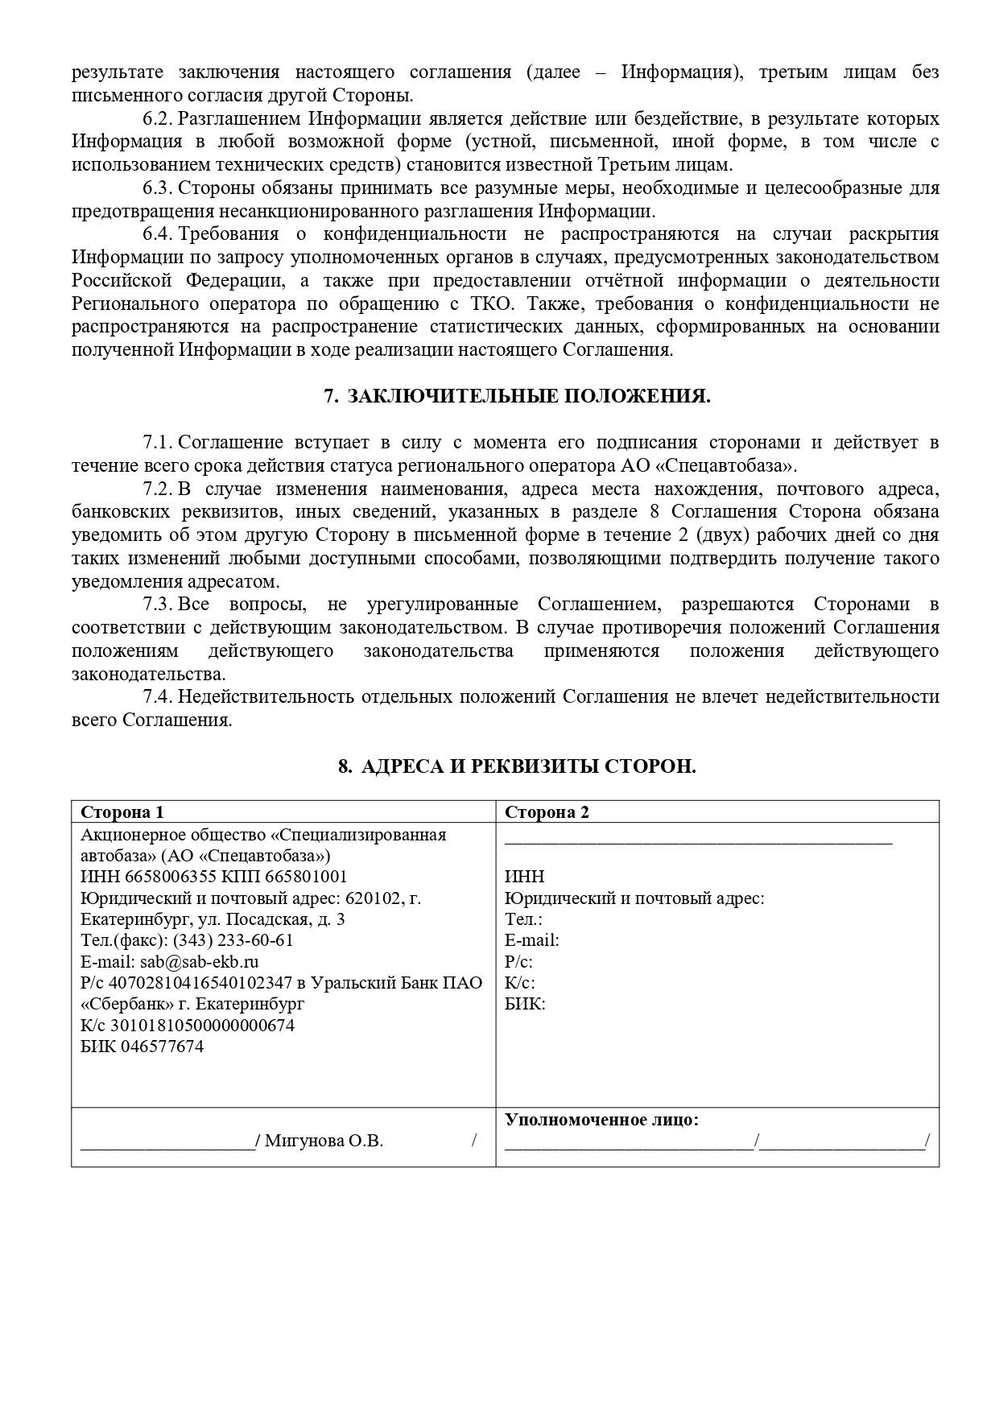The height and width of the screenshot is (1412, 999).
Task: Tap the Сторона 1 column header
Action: click(x=122, y=812)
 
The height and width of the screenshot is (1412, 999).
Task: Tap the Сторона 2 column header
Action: click(x=547, y=812)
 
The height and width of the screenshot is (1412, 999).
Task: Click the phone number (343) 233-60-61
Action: click(x=233, y=940)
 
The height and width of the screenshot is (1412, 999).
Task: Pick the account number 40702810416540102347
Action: click(x=200, y=983)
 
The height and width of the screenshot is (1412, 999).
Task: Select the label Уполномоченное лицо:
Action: click(x=601, y=1120)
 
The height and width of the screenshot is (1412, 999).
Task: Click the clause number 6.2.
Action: click(x=158, y=119)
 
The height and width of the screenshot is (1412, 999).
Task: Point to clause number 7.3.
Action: click(x=158, y=604)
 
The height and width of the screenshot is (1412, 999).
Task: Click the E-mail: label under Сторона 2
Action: click(x=531, y=940)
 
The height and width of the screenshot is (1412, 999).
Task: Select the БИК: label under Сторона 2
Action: click(x=525, y=1004)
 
